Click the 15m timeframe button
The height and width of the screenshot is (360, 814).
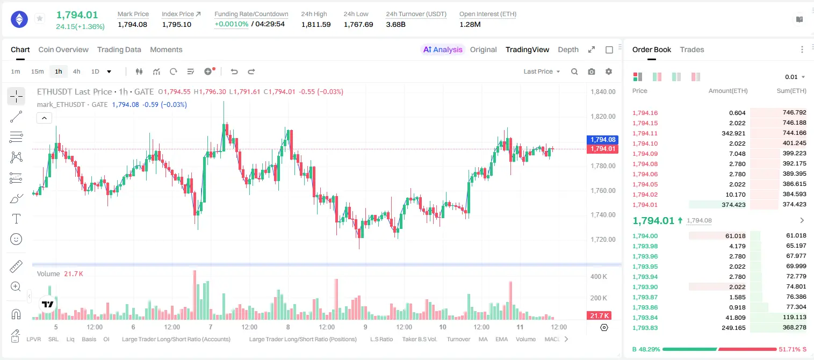point(37,71)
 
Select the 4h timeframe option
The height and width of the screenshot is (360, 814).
point(76,71)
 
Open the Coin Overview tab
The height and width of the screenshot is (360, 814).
point(63,49)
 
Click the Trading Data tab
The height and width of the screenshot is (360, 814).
point(119,49)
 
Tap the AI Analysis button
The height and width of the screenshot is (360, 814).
point(443,49)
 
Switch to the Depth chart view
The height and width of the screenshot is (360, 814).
point(568,49)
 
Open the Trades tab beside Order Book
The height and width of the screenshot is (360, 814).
point(691,49)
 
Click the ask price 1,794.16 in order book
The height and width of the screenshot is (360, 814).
point(645,113)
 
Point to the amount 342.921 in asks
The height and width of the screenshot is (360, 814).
point(733,133)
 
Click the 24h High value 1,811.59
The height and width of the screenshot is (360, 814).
point(316,24)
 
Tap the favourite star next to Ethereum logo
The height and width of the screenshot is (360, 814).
point(40,18)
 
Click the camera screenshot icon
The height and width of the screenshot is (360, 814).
point(592,71)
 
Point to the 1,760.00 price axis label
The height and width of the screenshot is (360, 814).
point(603,190)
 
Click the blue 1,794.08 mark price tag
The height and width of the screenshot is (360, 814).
point(602,140)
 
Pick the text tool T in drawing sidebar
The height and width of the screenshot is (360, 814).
point(16,219)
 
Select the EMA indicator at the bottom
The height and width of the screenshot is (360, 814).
point(501,339)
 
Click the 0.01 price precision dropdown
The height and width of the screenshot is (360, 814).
point(795,77)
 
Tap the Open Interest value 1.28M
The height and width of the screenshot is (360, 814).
point(470,24)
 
